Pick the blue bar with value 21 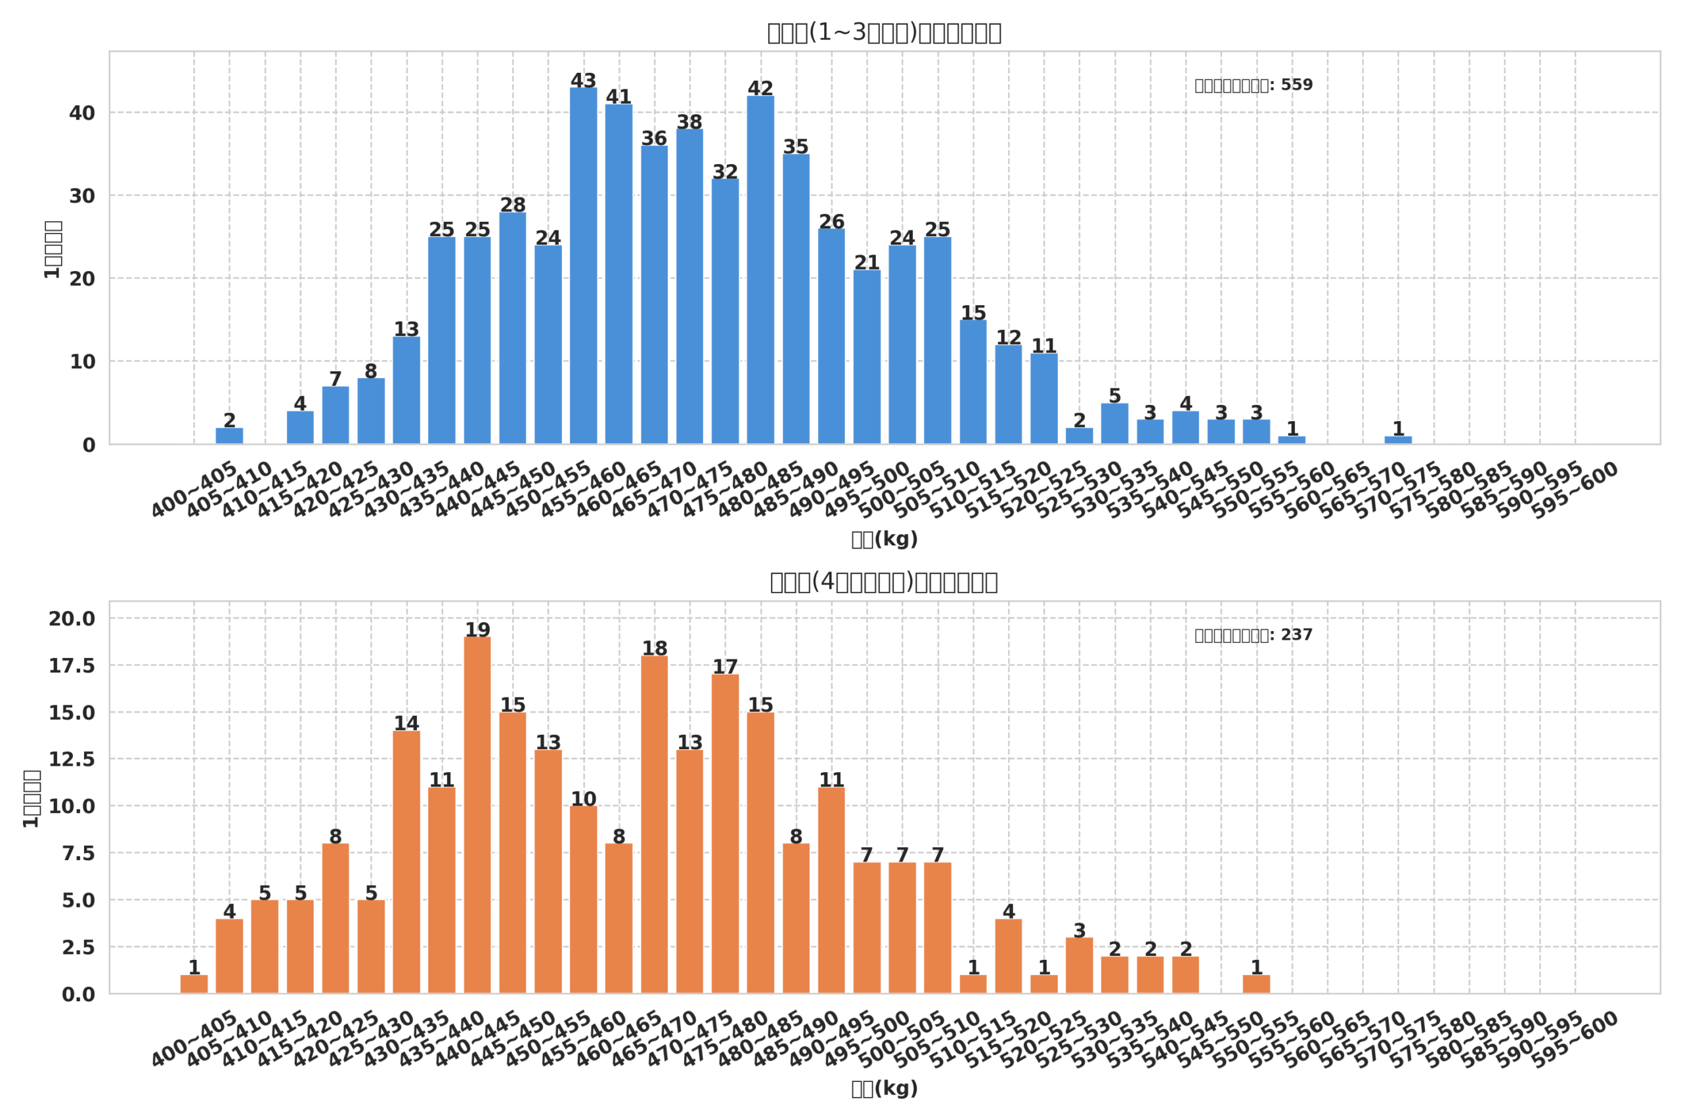867,357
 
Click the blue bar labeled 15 972,382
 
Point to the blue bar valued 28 512,328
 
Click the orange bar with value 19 477,815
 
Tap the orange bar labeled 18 654,825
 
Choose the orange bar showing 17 725,835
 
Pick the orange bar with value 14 406,862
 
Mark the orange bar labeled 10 583,900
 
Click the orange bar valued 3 1080,966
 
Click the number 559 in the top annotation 1296,85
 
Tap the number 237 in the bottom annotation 1296,635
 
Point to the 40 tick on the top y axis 81,114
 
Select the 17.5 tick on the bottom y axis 72,667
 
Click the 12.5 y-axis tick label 72,760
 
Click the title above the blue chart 884,33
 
